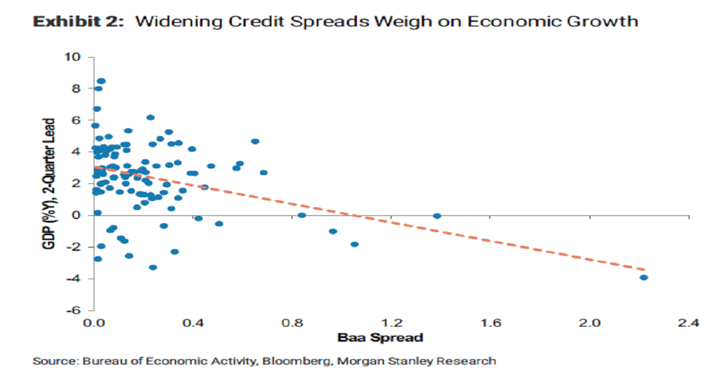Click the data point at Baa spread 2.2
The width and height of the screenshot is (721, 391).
(643, 277)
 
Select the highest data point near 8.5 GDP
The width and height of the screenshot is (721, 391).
(101, 81)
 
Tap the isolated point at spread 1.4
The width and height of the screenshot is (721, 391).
(437, 216)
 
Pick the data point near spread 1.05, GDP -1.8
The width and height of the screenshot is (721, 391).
(354, 244)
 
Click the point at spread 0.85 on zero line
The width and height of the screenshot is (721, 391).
(302, 215)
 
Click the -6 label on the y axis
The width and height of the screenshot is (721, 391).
(73, 310)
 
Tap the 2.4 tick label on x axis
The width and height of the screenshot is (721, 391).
(689, 324)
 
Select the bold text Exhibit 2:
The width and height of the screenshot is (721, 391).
(79, 22)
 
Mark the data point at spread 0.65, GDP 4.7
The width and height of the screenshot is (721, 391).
(255, 141)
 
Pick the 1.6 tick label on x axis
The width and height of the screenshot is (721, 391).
(491, 324)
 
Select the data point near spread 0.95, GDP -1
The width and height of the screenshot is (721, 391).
(333, 231)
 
